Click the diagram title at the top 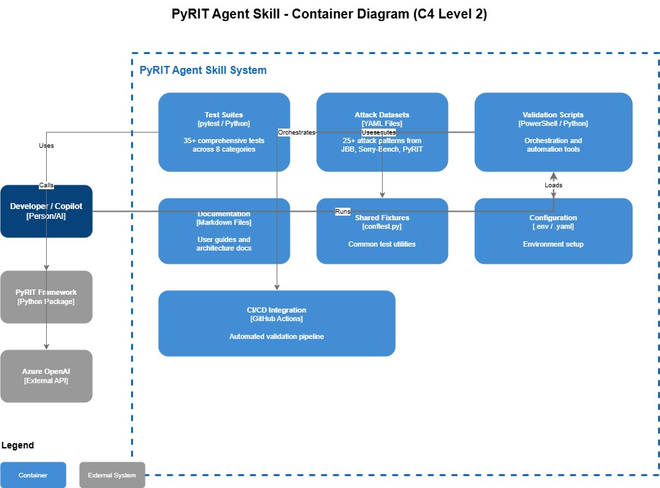pyautogui.click(x=329, y=14)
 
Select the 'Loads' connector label pyautogui.click(x=553, y=185)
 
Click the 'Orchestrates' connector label pyautogui.click(x=296, y=133)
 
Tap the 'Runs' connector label pyautogui.click(x=343, y=212)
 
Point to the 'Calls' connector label pyautogui.click(x=46, y=185)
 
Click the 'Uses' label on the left pyautogui.click(x=46, y=146)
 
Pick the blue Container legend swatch pyautogui.click(x=33, y=475)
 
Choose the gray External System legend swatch pyautogui.click(x=112, y=475)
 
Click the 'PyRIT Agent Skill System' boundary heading pyautogui.click(x=203, y=71)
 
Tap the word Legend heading pyautogui.click(x=18, y=446)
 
